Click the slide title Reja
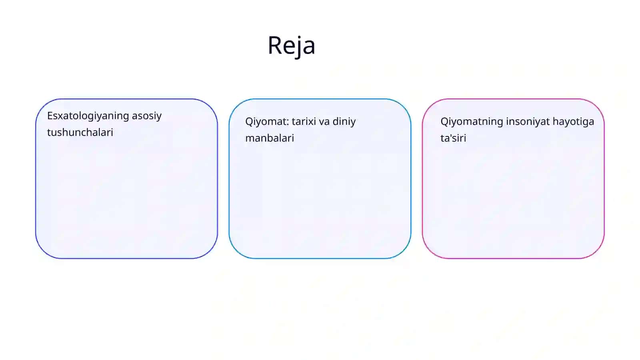292,46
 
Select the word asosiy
146,116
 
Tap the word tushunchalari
80,132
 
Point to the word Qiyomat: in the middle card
267,122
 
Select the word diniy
344,122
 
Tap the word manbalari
270,138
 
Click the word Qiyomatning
472,122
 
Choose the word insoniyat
528,122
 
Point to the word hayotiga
574,122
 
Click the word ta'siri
453,138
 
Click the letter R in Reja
275,45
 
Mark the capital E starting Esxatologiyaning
50,116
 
